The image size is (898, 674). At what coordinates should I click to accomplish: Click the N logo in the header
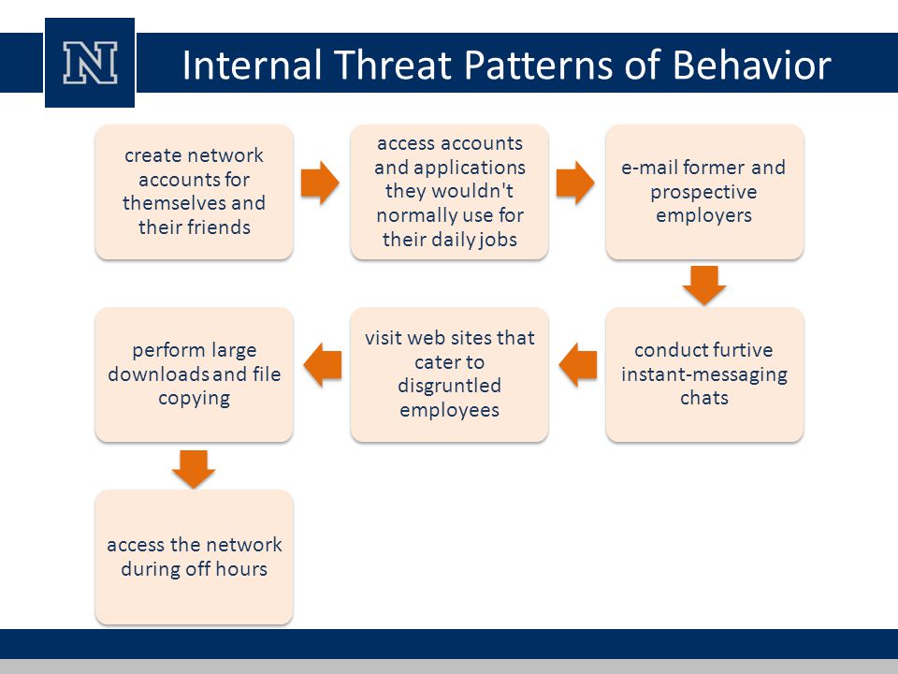90,63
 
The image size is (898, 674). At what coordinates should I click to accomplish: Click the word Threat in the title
392,65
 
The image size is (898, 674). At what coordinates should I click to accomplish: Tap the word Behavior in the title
751,65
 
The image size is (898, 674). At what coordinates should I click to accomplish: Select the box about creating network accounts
195,192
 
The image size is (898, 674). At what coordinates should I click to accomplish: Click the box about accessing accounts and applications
450,192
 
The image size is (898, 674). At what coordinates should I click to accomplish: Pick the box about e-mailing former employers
704,192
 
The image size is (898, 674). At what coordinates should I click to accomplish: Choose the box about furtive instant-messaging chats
704,374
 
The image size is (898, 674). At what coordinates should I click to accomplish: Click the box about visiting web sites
450,374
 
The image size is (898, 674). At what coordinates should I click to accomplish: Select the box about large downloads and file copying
195,374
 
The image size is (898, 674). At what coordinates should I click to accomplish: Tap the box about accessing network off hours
195,557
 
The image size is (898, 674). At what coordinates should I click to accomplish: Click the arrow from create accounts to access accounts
320,183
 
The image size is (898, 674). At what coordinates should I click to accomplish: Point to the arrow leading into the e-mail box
575,183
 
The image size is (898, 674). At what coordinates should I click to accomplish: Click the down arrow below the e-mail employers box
704,286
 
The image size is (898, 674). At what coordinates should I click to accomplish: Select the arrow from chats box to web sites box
578,365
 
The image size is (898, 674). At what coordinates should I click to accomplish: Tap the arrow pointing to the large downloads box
323,365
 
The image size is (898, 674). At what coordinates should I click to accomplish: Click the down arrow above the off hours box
194,469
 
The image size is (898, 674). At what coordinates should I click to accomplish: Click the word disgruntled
450,387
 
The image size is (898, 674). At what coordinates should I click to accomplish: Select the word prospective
703,192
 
